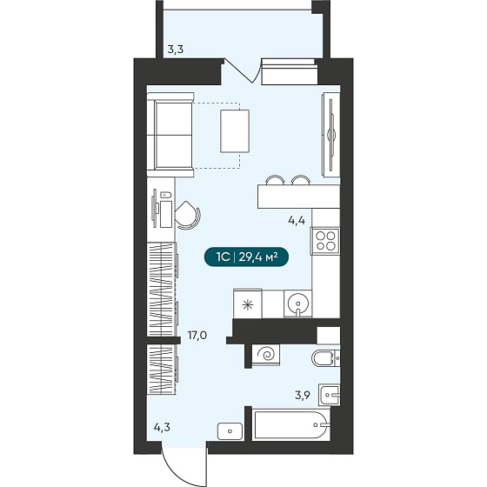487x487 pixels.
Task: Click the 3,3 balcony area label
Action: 176,50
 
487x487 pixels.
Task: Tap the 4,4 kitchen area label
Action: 297,221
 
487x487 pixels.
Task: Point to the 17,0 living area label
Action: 197,336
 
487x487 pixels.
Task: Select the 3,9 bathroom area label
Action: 303,396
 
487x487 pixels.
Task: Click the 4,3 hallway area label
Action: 162,428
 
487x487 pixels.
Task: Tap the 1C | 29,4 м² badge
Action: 247,257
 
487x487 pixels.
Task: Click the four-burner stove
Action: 325,241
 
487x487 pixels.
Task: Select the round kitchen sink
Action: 297,303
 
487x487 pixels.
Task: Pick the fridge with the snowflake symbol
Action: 248,304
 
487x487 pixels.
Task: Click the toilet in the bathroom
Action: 325,358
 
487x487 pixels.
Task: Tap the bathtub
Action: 291,424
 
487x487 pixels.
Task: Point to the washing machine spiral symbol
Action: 266,354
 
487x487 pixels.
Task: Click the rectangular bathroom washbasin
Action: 330,395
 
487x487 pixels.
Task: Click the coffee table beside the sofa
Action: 235,131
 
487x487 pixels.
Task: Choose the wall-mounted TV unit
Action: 331,135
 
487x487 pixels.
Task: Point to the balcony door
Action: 239,70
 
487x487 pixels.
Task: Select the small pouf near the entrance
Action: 230,431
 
